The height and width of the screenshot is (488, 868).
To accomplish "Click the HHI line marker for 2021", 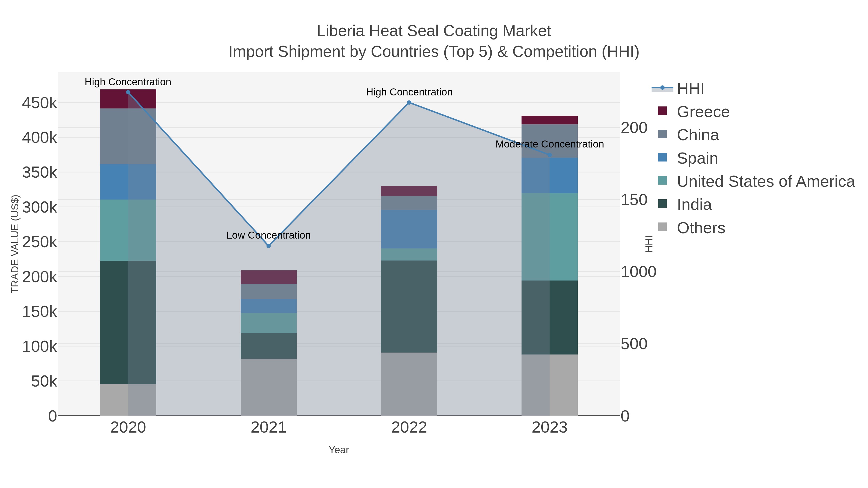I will [269, 246].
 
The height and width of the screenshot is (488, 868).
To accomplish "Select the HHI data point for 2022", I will [409, 102].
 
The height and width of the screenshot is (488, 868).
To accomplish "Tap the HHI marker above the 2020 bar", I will [128, 92].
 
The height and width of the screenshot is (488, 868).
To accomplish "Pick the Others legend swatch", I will [663, 227].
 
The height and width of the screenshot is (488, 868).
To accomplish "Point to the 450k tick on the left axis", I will [40, 103].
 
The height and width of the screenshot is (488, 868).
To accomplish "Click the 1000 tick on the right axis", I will [638, 272].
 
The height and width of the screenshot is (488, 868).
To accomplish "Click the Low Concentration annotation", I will [269, 235].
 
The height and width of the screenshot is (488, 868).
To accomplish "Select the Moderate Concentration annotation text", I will [549, 144].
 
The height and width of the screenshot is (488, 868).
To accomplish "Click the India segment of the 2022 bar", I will [409, 307].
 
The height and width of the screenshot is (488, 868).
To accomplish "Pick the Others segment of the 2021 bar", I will [269, 387].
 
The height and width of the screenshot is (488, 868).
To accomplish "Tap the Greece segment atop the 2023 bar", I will [549, 120].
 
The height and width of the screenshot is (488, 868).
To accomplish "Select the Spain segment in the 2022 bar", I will [409, 229].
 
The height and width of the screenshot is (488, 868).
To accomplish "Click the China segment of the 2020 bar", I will [128, 136].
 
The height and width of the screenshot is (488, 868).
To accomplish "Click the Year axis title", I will [339, 450].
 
